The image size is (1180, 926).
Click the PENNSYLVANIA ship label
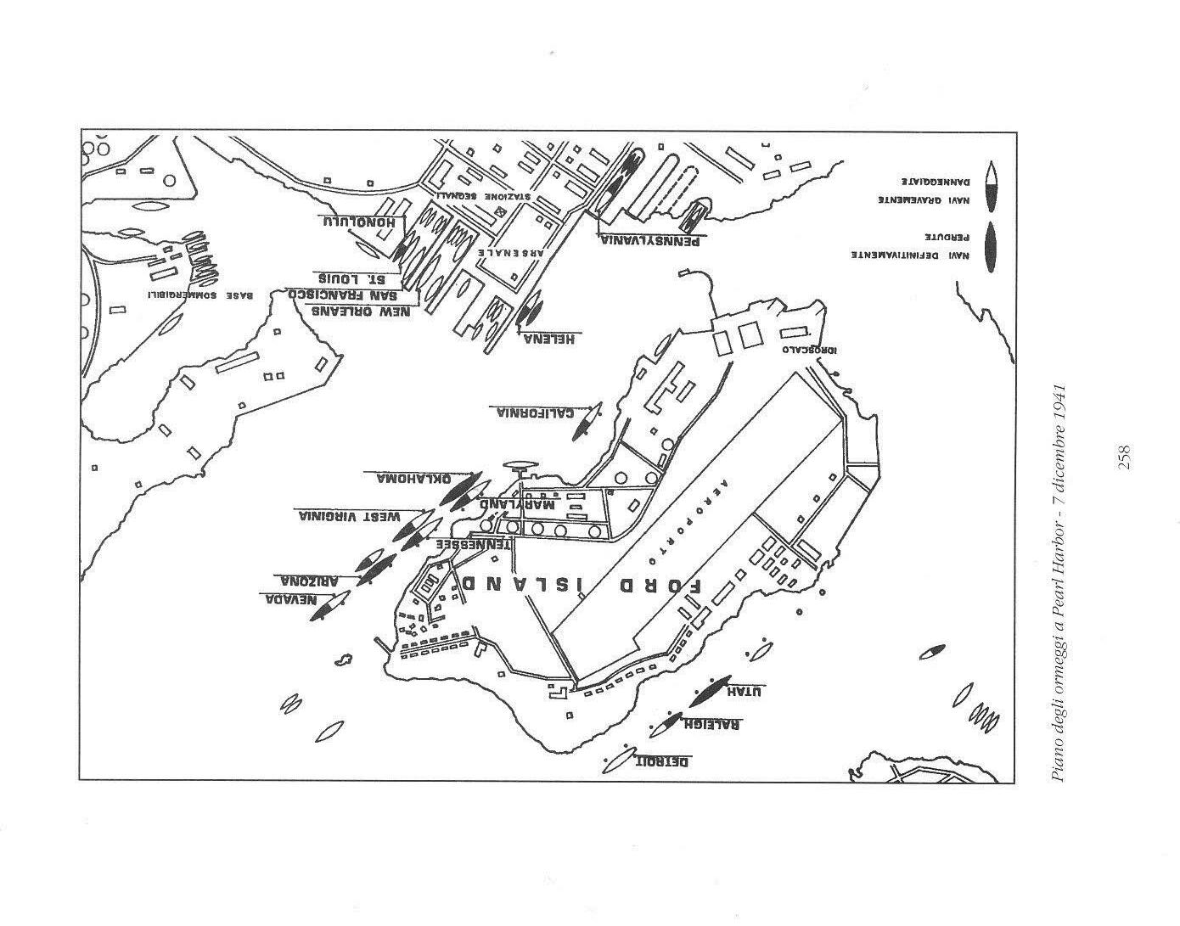point(650,240)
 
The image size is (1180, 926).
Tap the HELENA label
point(549,339)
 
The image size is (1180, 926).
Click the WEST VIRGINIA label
point(349,516)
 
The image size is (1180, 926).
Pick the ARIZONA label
point(310,581)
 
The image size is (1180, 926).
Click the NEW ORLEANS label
point(361,311)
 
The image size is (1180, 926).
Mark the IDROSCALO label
point(801,348)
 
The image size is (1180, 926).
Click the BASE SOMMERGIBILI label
point(200,295)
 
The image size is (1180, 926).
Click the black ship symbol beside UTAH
point(710,691)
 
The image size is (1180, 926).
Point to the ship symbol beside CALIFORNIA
point(586,421)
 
